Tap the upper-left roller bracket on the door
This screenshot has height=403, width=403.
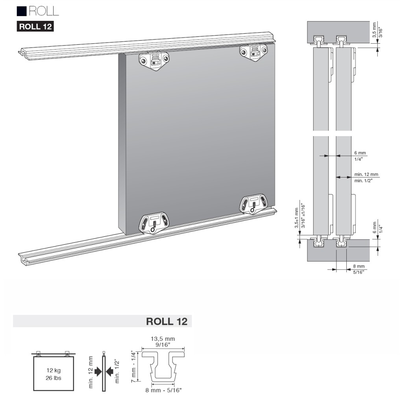(154, 61)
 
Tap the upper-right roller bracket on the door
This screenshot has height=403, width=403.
(254, 52)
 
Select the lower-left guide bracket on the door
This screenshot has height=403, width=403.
(154, 224)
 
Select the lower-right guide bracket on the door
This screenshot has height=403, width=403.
(254, 203)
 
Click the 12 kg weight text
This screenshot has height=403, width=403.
(54, 370)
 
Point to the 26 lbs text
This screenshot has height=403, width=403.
(54, 378)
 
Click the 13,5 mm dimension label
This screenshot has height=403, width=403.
(163, 338)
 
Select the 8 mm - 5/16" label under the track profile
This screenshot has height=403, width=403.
(163, 390)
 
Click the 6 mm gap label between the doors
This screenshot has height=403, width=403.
(359, 152)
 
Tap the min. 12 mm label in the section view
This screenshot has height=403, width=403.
(366, 174)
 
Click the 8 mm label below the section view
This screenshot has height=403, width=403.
(358, 266)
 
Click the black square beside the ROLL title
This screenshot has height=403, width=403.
(22, 11)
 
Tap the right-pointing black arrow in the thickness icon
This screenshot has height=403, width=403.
(98, 371)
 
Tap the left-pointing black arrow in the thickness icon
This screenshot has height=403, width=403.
(110, 371)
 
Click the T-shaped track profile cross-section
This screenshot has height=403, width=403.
(163, 364)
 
